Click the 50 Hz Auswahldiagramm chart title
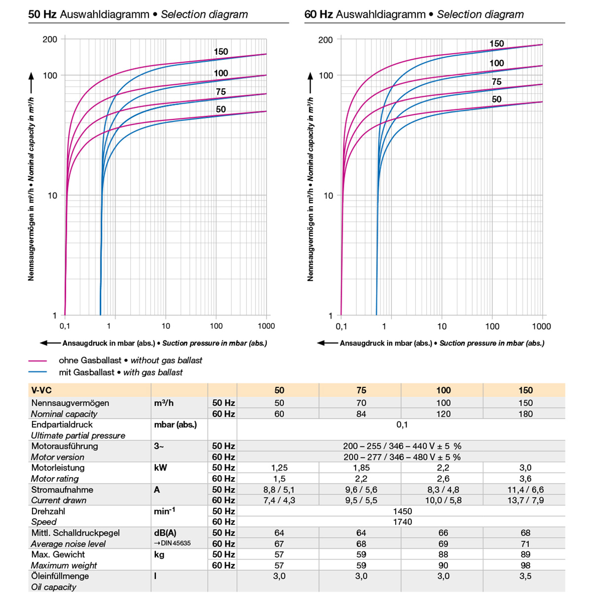coord(138,14)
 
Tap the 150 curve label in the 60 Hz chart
coord(496,43)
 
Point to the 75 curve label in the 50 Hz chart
coord(221,92)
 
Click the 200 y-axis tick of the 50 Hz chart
coord(50,39)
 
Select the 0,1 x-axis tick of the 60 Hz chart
coord(341,326)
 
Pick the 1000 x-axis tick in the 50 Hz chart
coord(266,326)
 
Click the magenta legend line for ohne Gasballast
coord(38,361)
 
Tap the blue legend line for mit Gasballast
coord(38,373)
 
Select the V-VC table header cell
coord(41,390)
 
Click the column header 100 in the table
coord(443,390)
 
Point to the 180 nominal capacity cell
coord(525,414)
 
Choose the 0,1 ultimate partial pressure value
coord(402,424)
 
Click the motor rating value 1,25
coord(279,468)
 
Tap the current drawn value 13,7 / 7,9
coord(525,500)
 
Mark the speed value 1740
coord(402,522)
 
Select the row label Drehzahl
coord(48,511)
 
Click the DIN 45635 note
coord(172,543)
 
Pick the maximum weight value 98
coord(525,565)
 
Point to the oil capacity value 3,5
coord(525,576)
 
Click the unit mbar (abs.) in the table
coord(175,424)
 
